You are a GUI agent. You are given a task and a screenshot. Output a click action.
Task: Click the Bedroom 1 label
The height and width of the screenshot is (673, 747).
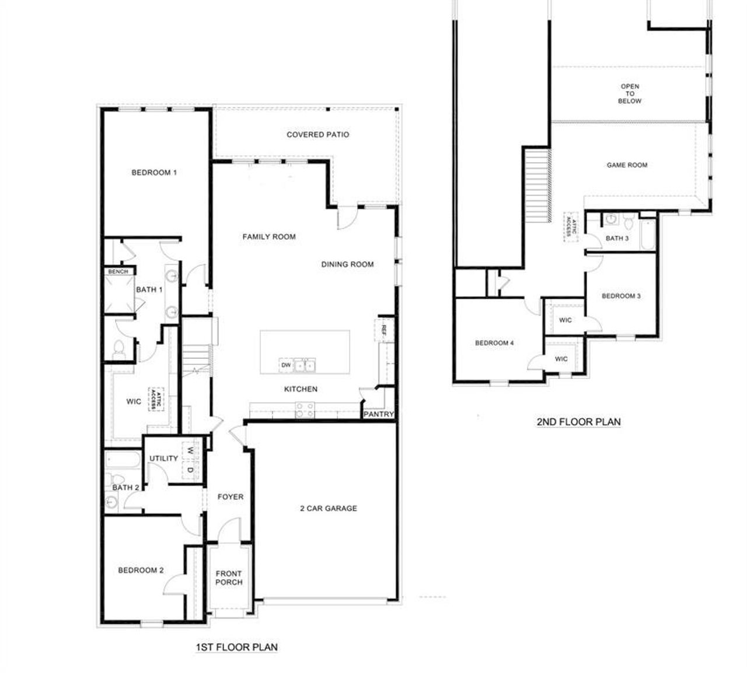click(154, 173)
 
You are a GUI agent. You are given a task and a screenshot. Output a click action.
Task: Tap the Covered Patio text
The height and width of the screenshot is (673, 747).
click(318, 135)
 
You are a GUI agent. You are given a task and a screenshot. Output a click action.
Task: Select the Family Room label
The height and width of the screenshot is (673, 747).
click(269, 237)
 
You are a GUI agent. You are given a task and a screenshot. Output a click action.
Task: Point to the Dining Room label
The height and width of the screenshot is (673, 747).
click(347, 264)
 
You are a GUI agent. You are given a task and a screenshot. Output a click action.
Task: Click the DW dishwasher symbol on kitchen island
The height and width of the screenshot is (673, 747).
click(286, 365)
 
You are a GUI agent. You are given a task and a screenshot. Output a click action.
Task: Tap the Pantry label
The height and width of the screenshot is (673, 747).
click(379, 415)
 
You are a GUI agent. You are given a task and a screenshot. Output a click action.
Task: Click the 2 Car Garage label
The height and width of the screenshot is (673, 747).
click(329, 509)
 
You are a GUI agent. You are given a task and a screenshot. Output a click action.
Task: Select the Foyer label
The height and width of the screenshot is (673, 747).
click(231, 497)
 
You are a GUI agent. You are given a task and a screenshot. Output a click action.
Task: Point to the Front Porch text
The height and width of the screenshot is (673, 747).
click(229, 578)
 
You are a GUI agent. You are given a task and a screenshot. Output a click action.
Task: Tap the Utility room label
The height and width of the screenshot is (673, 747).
click(163, 458)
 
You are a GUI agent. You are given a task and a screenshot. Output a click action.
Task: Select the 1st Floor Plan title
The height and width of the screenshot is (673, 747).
click(236, 647)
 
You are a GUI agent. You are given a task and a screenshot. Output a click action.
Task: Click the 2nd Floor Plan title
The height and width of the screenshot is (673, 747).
click(578, 422)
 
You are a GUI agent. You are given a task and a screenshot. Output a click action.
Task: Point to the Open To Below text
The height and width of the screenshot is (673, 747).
click(630, 93)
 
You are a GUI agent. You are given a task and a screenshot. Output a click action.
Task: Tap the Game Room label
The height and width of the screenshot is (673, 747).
click(627, 165)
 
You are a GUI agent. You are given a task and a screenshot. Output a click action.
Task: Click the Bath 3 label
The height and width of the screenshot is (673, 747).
click(617, 238)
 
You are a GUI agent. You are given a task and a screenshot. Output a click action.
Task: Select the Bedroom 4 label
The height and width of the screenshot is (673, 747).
click(494, 343)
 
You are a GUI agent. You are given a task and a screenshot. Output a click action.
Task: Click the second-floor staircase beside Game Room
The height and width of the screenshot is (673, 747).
click(537, 184)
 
